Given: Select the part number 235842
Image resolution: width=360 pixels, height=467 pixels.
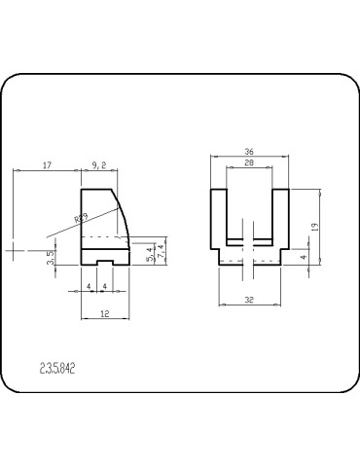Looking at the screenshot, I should (57, 369).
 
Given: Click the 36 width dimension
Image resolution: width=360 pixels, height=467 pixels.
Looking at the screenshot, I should (249, 152).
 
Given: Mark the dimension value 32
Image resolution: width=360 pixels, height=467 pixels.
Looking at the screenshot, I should (249, 301).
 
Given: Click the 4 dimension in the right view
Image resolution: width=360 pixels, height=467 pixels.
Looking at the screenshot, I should (304, 258).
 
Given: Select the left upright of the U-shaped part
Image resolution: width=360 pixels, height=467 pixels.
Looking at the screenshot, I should (219, 219).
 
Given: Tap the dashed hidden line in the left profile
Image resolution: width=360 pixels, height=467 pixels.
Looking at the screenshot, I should (102, 236).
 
